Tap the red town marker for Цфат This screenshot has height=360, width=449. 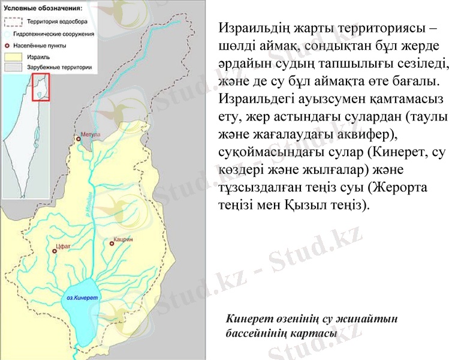click(55, 252)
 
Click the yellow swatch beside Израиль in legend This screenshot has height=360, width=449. click(13, 56)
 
